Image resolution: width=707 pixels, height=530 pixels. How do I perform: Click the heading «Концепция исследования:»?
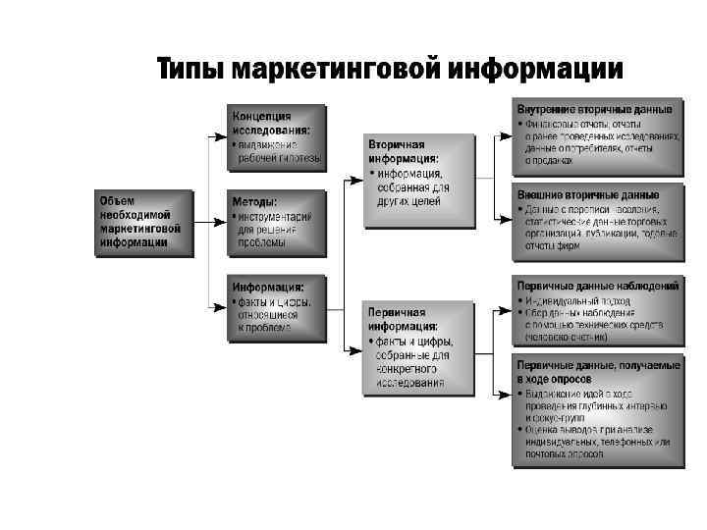[272, 123]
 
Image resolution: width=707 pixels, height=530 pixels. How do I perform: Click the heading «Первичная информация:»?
[404, 318]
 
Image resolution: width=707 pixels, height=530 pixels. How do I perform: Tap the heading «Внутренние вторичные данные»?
[595, 109]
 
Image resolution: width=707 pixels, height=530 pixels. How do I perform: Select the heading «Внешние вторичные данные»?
[588, 194]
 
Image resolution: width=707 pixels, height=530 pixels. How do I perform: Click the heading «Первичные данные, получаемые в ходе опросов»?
[598, 370]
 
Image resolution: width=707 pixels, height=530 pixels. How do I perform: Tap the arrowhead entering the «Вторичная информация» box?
[355, 180]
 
